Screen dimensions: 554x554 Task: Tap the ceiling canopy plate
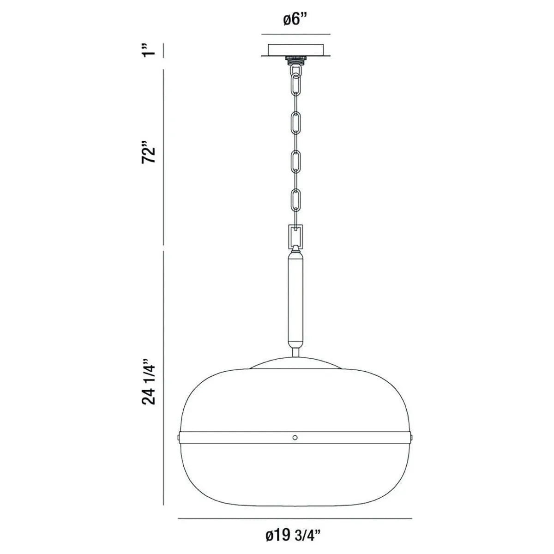coord(296,49)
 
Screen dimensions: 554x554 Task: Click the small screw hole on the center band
coord(295,437)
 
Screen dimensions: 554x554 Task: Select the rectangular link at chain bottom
coord(295,236)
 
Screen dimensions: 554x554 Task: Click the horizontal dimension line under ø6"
coord(296,34)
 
